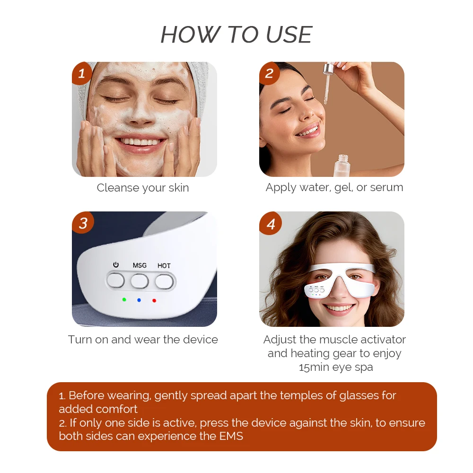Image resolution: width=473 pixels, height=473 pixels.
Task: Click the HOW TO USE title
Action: pos(236,35)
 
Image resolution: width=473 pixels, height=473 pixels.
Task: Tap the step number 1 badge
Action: pos(82,73)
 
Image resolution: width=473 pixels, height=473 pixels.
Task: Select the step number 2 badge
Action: pos(269,73)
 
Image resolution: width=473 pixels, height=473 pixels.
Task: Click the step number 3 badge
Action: pos(83,223)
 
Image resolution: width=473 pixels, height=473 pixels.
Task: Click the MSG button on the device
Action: pos(140,281)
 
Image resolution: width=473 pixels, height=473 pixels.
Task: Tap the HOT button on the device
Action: pos(164,281)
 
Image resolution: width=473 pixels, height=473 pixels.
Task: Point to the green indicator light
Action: pos(124,299)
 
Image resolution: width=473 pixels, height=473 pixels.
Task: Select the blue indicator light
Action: pos(139,299)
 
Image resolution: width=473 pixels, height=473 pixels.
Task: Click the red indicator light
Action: pos(154,300)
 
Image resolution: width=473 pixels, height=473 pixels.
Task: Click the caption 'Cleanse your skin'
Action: pos(142,188)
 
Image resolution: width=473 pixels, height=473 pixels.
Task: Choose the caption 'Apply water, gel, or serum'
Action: pos(334,187)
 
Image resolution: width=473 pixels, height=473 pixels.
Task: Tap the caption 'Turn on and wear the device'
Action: pos(142,340)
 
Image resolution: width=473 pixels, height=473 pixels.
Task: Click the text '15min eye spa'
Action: pos(335,367)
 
